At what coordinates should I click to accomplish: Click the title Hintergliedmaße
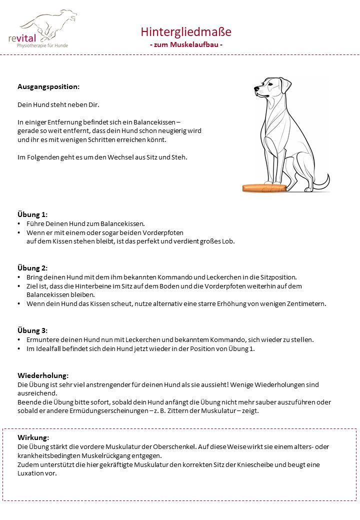[x=186, y=32]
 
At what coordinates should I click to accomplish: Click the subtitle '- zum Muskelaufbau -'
[x=186, y=44]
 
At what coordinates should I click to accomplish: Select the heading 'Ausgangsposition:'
[x=48, y=86]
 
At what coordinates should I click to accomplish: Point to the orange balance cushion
[x=264, y=188]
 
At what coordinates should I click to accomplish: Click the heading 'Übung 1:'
[x=32, y=214]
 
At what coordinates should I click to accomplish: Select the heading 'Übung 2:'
[x=32, y=268]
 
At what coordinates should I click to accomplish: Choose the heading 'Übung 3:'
[x=32, y=330]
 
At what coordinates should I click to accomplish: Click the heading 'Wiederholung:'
[x=43, y=375]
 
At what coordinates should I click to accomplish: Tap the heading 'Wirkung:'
[x=33, y=437]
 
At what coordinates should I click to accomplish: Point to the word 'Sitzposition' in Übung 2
[x=278, y=277]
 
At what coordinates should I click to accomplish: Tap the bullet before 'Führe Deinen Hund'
[x=19, y=224]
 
